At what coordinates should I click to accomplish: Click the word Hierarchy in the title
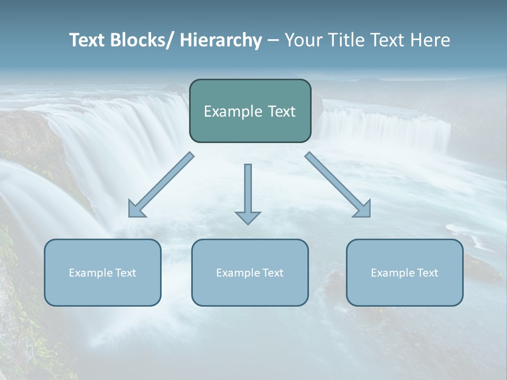221,40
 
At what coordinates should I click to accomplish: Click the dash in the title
273,41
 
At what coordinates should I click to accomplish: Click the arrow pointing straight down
248,190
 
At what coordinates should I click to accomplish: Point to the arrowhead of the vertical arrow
248,217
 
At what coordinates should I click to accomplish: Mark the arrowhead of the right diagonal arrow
363,210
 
